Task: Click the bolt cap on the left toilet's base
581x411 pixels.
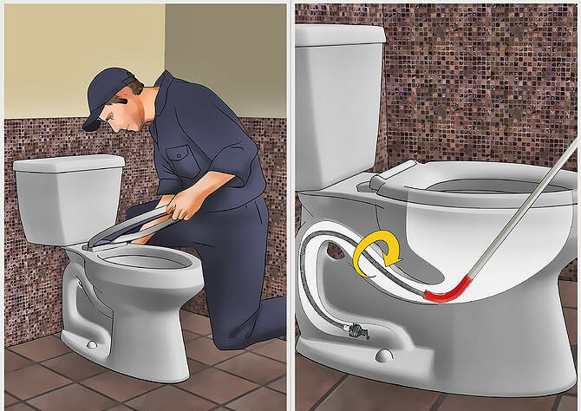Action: pyautogui.click(x=90, y=345)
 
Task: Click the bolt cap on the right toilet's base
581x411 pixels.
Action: pyautogui.click(x=385, y=356)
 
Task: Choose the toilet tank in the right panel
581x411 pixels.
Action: pyautogui.click(x=338, y=104)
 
